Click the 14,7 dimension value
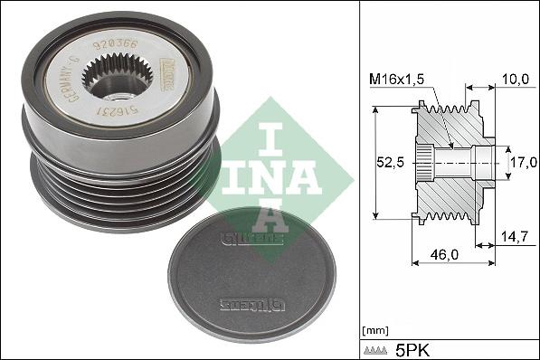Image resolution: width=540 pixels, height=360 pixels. pos(513,237)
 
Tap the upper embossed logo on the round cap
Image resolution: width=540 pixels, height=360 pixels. pos(238,240)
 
